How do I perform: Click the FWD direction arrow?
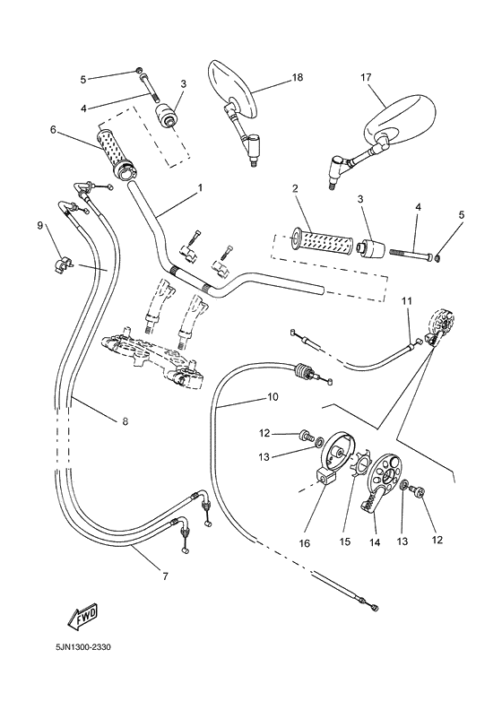82,617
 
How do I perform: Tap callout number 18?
297,78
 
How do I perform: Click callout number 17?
366,78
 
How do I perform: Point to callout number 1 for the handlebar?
199,188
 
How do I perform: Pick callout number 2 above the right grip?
294,188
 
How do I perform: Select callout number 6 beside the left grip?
53,130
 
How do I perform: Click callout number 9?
40,225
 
